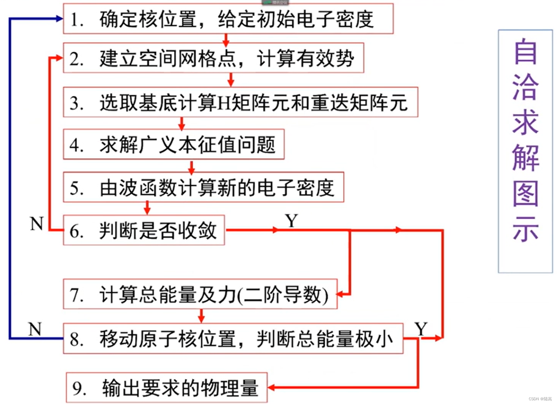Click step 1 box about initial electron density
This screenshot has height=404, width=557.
(228, 19)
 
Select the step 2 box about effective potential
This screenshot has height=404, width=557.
(213, 58)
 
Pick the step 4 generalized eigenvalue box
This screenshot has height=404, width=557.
(174, 145)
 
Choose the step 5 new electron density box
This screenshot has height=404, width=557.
(203, 188)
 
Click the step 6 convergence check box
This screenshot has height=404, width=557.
(144, 230)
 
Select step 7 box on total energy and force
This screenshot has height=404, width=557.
(200, 294)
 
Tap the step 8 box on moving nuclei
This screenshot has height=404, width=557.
(233, 339)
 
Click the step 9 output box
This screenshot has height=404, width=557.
(167, 388)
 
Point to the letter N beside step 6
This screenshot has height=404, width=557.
(37, 224)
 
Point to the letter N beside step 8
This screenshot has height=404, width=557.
(35, 329)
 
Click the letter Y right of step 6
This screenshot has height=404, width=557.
(292, 221)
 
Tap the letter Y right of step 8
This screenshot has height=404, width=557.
(421, 329)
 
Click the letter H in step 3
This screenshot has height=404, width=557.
(224, 103)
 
